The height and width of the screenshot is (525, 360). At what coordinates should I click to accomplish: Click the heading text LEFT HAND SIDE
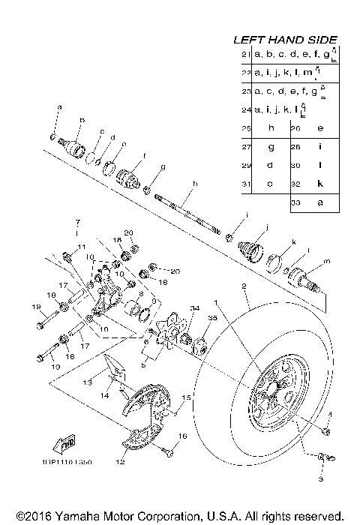pos(285,40)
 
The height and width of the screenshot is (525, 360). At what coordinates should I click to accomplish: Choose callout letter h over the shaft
pos(193,183)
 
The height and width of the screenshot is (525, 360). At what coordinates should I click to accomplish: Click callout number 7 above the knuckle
pos(76,223)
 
